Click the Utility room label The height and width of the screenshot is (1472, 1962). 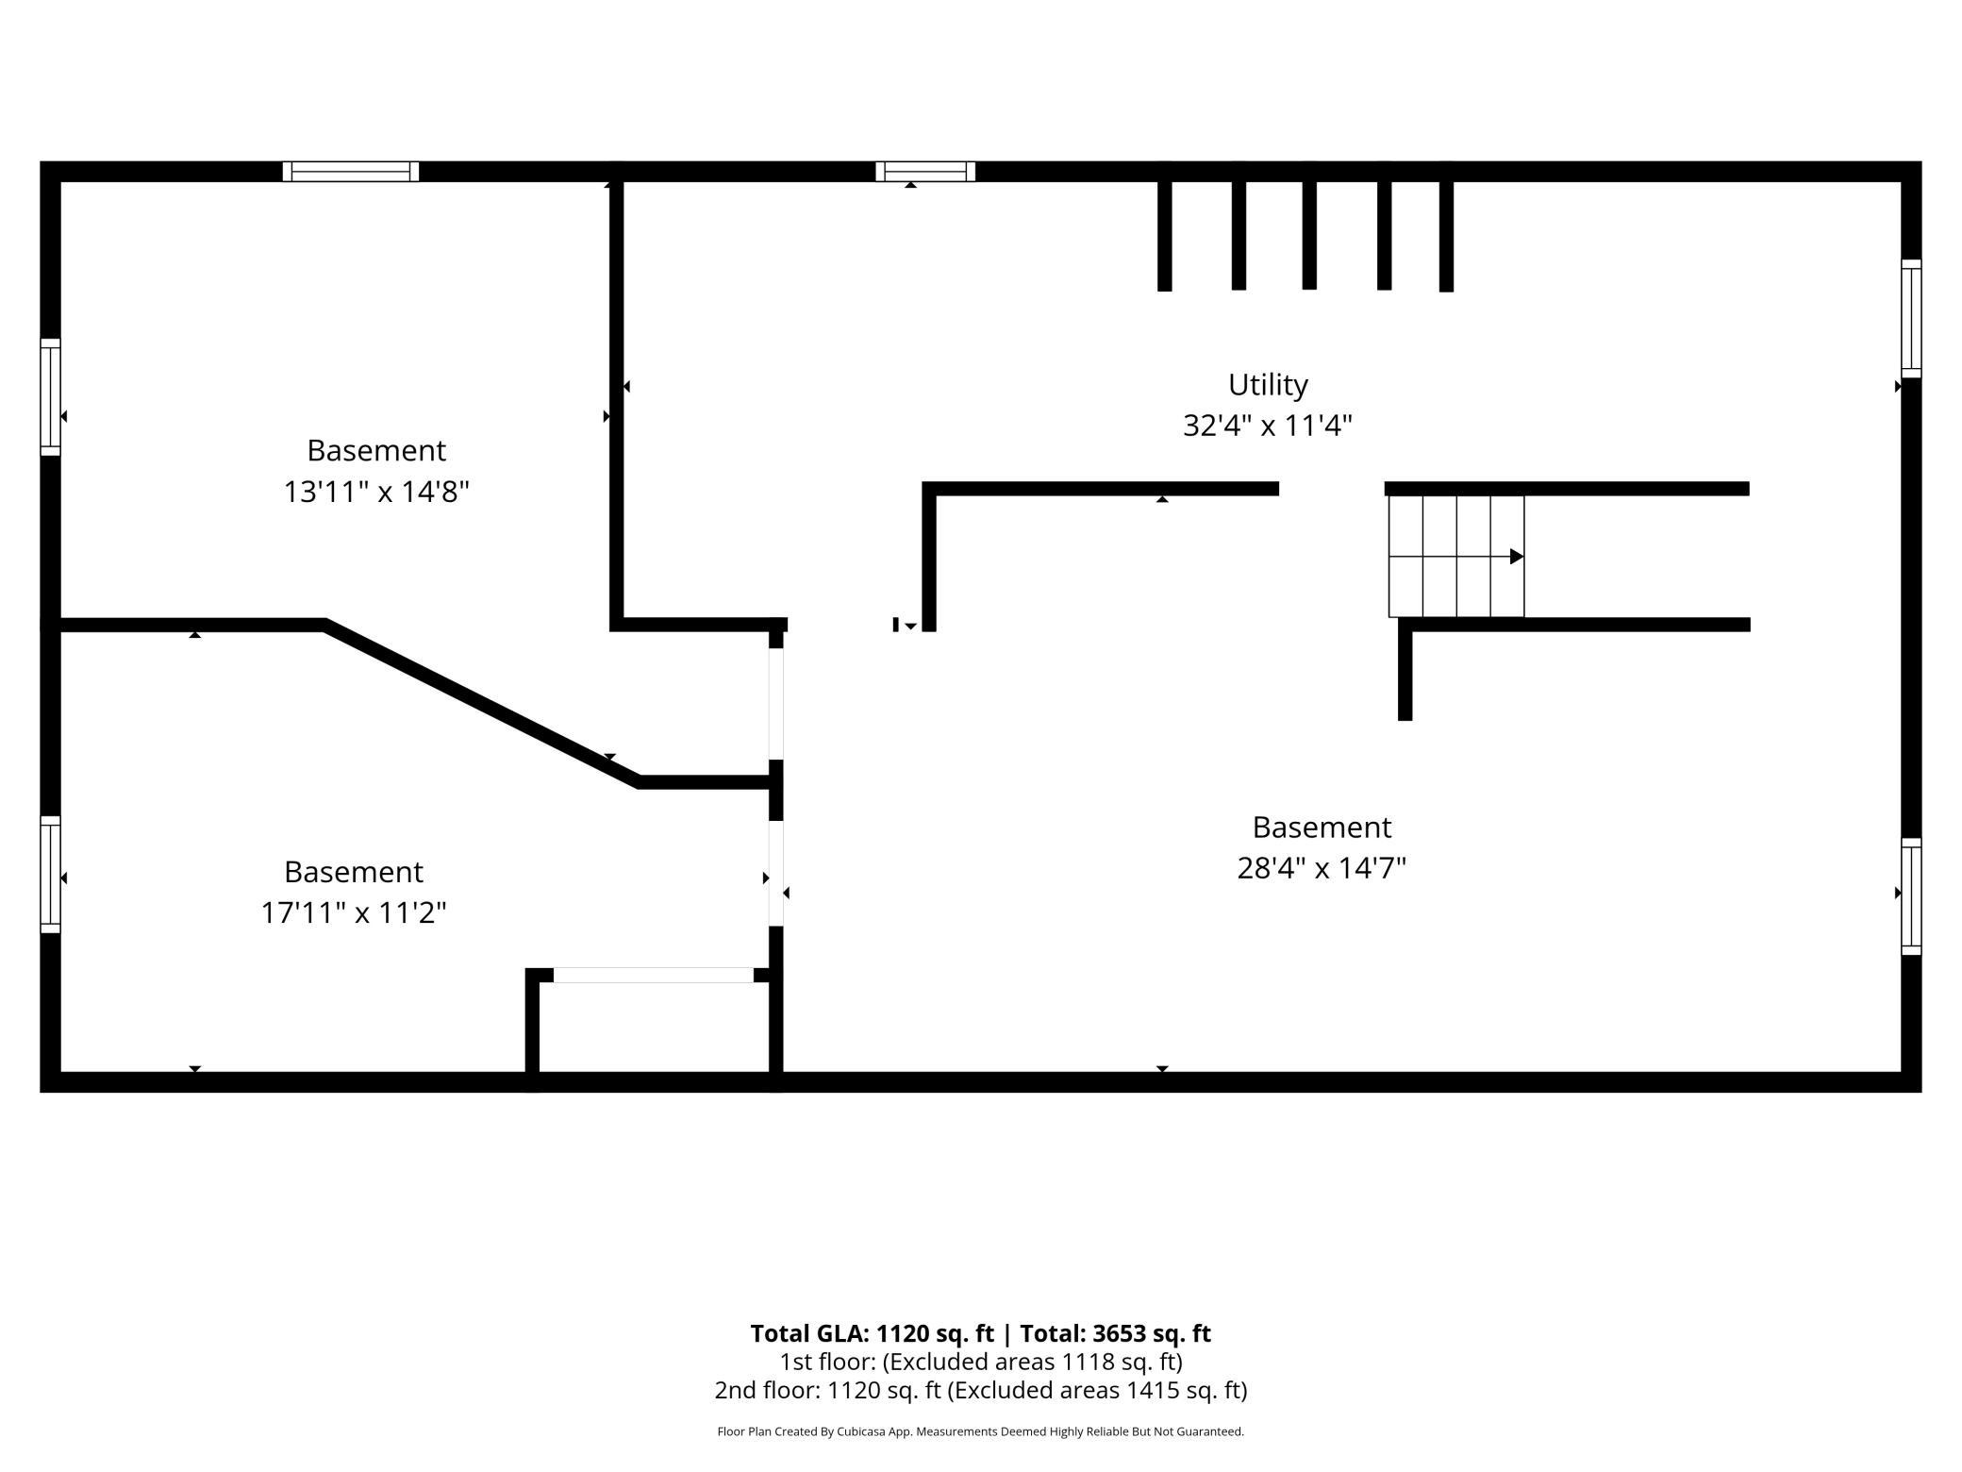click(1268, 385)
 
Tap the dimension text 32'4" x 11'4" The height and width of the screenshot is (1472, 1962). click(1268, 426)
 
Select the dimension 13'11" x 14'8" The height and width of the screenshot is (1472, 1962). click(376, 492)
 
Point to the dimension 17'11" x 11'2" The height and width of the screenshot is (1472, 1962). click(354, 912)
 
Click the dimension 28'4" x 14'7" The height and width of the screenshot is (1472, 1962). click(1322, 867)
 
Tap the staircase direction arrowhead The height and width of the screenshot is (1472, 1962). click(1517, 557)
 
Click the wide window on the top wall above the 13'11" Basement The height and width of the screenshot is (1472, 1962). click(351, 172)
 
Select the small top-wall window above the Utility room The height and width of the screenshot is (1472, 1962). click(925, 172)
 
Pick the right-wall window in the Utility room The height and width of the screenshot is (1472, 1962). click(1911, 319)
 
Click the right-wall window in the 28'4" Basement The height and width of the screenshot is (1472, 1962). click(1911, 896)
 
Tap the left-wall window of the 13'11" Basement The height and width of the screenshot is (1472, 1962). click(50, 397)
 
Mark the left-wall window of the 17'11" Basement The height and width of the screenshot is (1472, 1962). click(50, 875)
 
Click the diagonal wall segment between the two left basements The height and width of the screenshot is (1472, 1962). click(482, 703)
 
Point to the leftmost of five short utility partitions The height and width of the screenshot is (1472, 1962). click(1165, 235)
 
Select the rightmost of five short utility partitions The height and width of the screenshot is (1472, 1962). click(1446, 235)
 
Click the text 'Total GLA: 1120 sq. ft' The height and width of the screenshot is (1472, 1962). click(873, 1333)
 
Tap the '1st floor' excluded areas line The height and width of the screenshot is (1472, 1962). click(981, 1362)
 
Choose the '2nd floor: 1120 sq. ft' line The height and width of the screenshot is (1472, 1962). click(981, 1390)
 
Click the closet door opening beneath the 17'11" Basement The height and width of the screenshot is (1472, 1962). click(654, 975)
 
